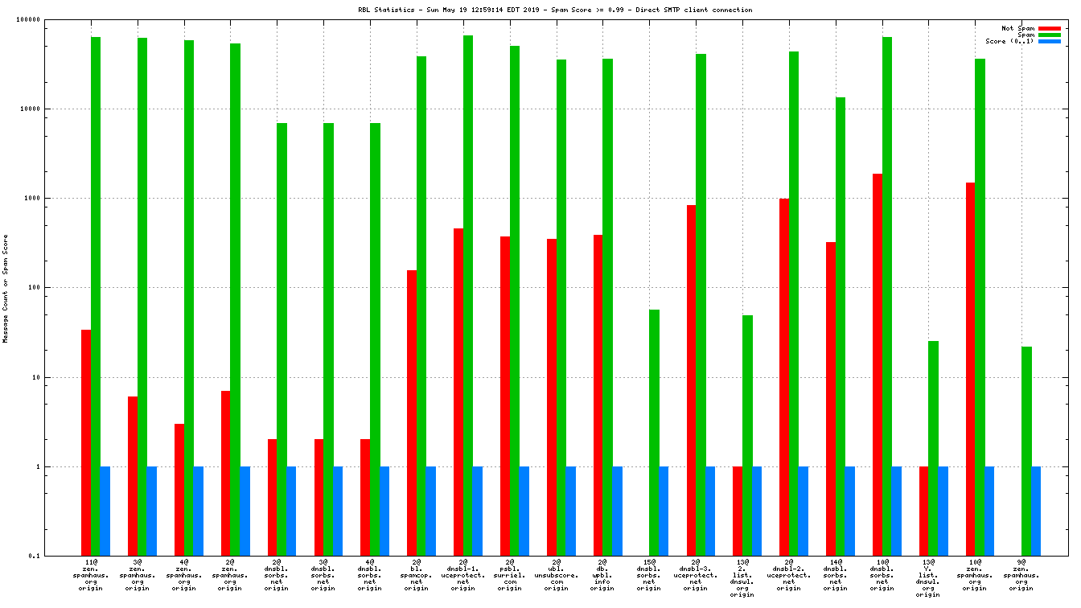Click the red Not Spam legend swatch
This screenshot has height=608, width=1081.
1049,28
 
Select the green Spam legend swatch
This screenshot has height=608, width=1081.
1049,35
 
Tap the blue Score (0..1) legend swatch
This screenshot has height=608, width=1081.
1049,41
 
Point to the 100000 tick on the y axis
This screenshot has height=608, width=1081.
49,19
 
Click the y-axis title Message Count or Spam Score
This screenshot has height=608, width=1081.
6,289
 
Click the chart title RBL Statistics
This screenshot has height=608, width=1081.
555,10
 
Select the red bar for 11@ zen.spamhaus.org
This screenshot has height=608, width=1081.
86,442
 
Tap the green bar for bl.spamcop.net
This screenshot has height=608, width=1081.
421,306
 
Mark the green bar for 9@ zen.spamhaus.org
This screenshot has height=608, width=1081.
1026,450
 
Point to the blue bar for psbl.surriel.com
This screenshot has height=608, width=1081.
524,511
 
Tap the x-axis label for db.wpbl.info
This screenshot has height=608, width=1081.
602,574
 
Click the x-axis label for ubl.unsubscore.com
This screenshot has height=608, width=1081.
556,574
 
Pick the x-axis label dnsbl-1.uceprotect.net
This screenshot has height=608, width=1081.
462,574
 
